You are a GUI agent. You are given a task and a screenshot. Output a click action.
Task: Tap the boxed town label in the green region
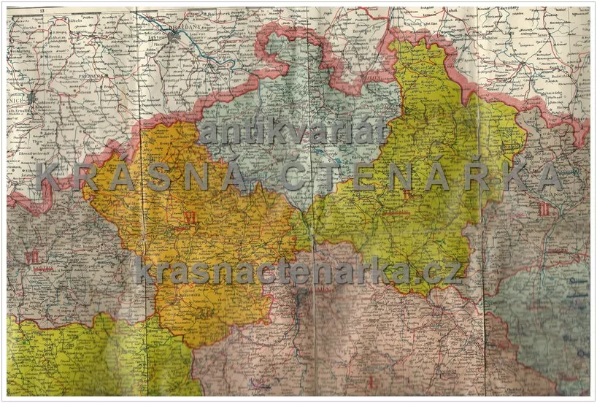click(511, 146)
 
